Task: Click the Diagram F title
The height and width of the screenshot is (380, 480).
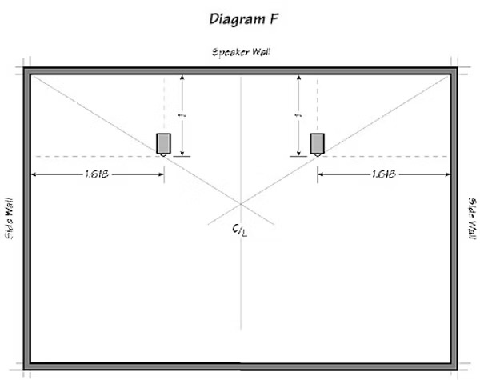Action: [244, 19]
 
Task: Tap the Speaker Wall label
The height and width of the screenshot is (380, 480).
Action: [242, 52]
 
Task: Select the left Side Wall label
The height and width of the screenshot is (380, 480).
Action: [9, 218]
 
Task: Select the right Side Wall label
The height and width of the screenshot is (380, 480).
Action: [472, 218]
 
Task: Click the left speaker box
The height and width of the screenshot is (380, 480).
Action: [163, 143]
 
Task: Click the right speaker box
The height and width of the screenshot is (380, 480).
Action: [318, 143]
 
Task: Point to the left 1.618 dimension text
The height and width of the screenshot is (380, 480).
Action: [97, 174]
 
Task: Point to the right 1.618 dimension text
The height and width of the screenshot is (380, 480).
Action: [384, 174]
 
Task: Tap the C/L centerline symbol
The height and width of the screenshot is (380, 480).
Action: [240, 230]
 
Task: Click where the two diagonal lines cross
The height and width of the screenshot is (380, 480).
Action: [241, 204]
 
